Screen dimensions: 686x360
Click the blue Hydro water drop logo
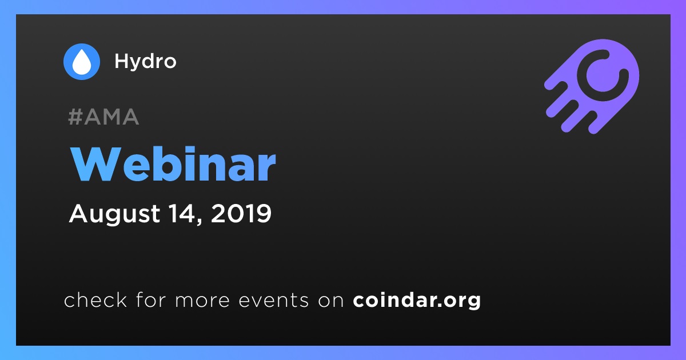tap(81, 62)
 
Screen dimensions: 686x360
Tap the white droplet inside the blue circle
tap(81, 62)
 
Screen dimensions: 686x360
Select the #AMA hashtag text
tap(103, 117)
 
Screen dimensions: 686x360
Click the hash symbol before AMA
tap(75, 117)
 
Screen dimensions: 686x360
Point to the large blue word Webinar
tap(173, 164)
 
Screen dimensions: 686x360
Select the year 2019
tap(241, 213)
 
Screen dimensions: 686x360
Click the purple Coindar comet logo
tap(592, 86)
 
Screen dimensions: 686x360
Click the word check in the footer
tap(95, 299)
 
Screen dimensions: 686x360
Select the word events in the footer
tap(274, 300)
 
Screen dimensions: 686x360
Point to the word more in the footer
tap(202, 301)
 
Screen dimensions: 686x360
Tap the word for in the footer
tap(151, 299)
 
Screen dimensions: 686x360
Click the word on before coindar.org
tap(331, 301)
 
